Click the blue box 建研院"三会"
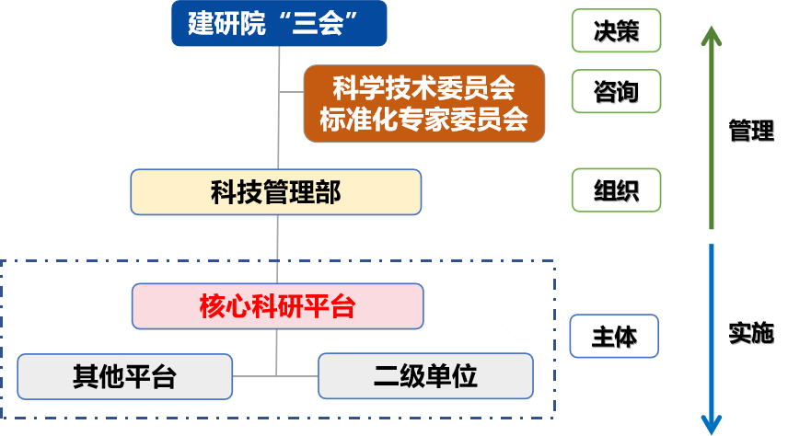[278, 24]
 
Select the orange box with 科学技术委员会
[424, 103]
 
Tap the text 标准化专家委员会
[424, 120]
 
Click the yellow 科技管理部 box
[276, 192]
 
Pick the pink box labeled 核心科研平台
[277, 306]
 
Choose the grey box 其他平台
[125, 376]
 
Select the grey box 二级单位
[425, 376]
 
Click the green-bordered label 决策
[616, 32]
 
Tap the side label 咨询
[616, 91]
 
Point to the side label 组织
[616, 191]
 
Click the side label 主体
[616, 337]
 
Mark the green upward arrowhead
[712, 38]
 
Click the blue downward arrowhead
[712, 423]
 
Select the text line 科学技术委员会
[424, 89]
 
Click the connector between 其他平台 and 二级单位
[276, 375]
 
